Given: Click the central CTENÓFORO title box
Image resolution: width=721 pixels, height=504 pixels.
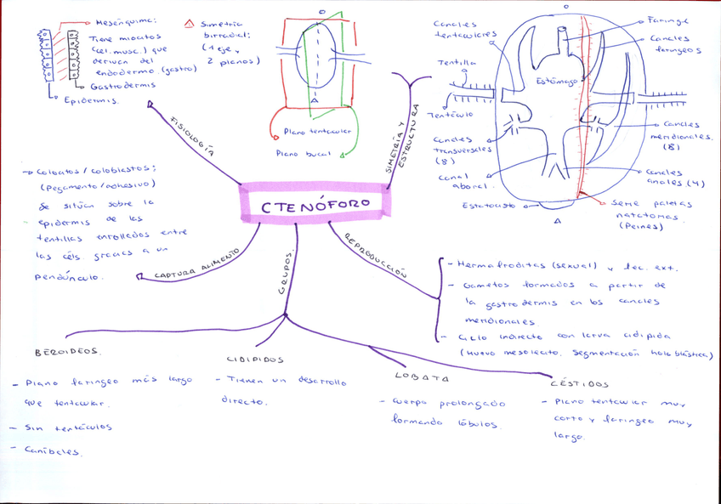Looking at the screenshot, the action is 315,205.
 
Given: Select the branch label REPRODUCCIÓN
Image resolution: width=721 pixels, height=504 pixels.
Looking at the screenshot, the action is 375,254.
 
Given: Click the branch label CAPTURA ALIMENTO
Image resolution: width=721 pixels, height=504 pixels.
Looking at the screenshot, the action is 197,263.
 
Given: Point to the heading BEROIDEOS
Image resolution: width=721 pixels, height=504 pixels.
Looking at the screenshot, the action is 68,351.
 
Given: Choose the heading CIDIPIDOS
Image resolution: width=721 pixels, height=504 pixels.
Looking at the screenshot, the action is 255,360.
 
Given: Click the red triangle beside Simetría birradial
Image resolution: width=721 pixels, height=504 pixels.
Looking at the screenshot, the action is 189,25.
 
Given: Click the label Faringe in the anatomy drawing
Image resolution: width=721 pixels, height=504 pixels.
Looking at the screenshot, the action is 667,20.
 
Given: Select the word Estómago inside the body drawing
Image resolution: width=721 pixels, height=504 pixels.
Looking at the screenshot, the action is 557,82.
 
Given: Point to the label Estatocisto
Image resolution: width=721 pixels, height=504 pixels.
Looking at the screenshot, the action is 488,206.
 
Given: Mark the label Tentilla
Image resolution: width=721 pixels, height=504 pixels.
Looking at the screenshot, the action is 457,63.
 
